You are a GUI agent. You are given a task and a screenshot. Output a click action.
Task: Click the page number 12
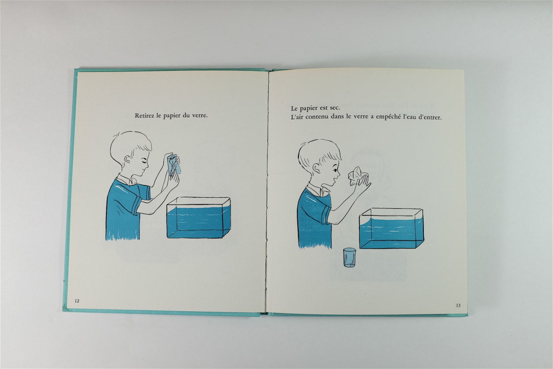pyautogui.click(x=77, y=301)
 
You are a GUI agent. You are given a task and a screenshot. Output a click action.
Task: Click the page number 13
pyautogui.click(x=458, y=306)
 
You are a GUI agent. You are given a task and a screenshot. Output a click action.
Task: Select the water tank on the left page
pyautogui.click(x=198, y=218)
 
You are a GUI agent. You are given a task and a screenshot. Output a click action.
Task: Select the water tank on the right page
pyautogui.click(x=392, y=229)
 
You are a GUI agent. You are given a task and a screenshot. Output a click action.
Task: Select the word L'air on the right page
pyautogui.click(x=297, y=117)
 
